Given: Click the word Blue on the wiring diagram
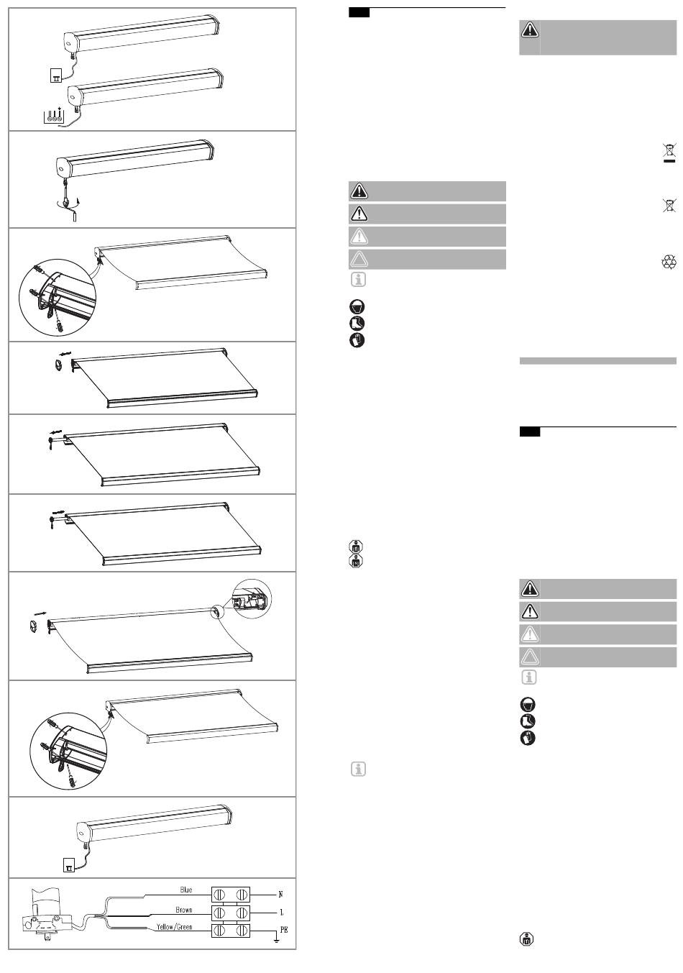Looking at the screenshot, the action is pos(185,890).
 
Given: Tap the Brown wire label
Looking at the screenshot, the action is pos(183,910).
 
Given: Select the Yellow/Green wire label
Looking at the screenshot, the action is pos(174,927).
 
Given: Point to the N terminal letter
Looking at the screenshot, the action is pos(280,895).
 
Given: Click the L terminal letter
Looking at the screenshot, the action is pos(281,913).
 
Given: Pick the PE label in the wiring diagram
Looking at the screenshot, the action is pos(284,930).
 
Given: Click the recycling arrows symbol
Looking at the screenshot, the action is pos(669,262).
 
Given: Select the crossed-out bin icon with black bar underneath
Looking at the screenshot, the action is pos(669,152).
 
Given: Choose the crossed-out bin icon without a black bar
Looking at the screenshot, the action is pos(669,205).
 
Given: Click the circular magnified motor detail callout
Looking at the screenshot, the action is pos(252,599).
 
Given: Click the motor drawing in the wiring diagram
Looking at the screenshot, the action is pos(47,909).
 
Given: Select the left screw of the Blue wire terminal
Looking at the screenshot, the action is pos(219,895).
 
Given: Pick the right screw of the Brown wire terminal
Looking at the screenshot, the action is pos(242,913).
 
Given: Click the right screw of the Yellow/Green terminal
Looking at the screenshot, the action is pos(242,931).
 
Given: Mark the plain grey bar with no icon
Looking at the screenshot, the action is pos(598,360).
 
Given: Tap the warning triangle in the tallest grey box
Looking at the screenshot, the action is pos(530,29).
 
